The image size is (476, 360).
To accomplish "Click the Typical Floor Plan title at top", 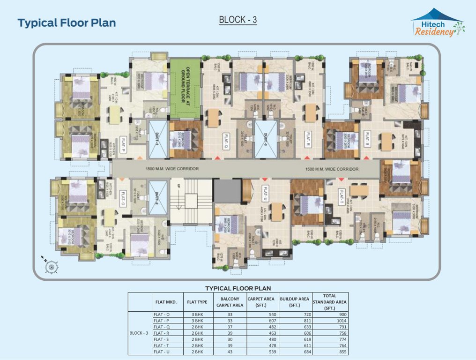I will [x=67, y=22].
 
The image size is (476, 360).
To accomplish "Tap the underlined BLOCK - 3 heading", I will [x=238, y=20].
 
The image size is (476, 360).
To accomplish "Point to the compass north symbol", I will [x=49, y=266].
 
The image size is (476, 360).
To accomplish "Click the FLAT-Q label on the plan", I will [x=226, y=139].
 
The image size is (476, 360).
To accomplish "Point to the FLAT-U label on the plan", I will [x=265, y=193].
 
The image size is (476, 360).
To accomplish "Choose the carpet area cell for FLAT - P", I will [x=262, y=320].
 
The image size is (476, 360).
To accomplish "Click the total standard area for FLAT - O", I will [x=330, y=314].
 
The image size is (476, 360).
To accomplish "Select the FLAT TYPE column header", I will [x=197, y=302].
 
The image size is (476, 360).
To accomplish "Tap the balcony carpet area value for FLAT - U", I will [x=230, y=352].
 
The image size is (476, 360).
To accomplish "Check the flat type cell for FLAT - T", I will [x=197, y=345].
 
